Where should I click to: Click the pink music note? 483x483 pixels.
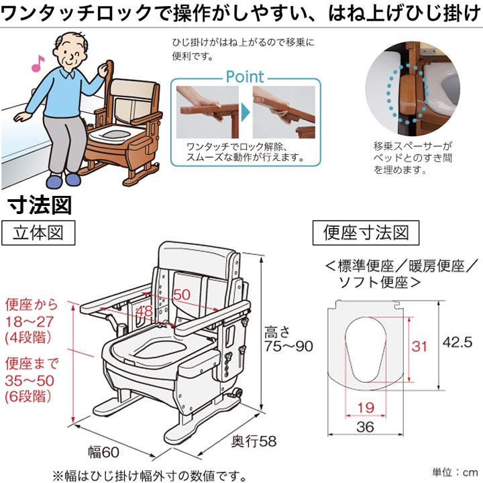(x=37, y=64)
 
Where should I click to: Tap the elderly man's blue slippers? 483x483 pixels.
(x=60, y=181)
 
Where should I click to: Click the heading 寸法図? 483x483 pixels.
(x=40, y=205)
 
